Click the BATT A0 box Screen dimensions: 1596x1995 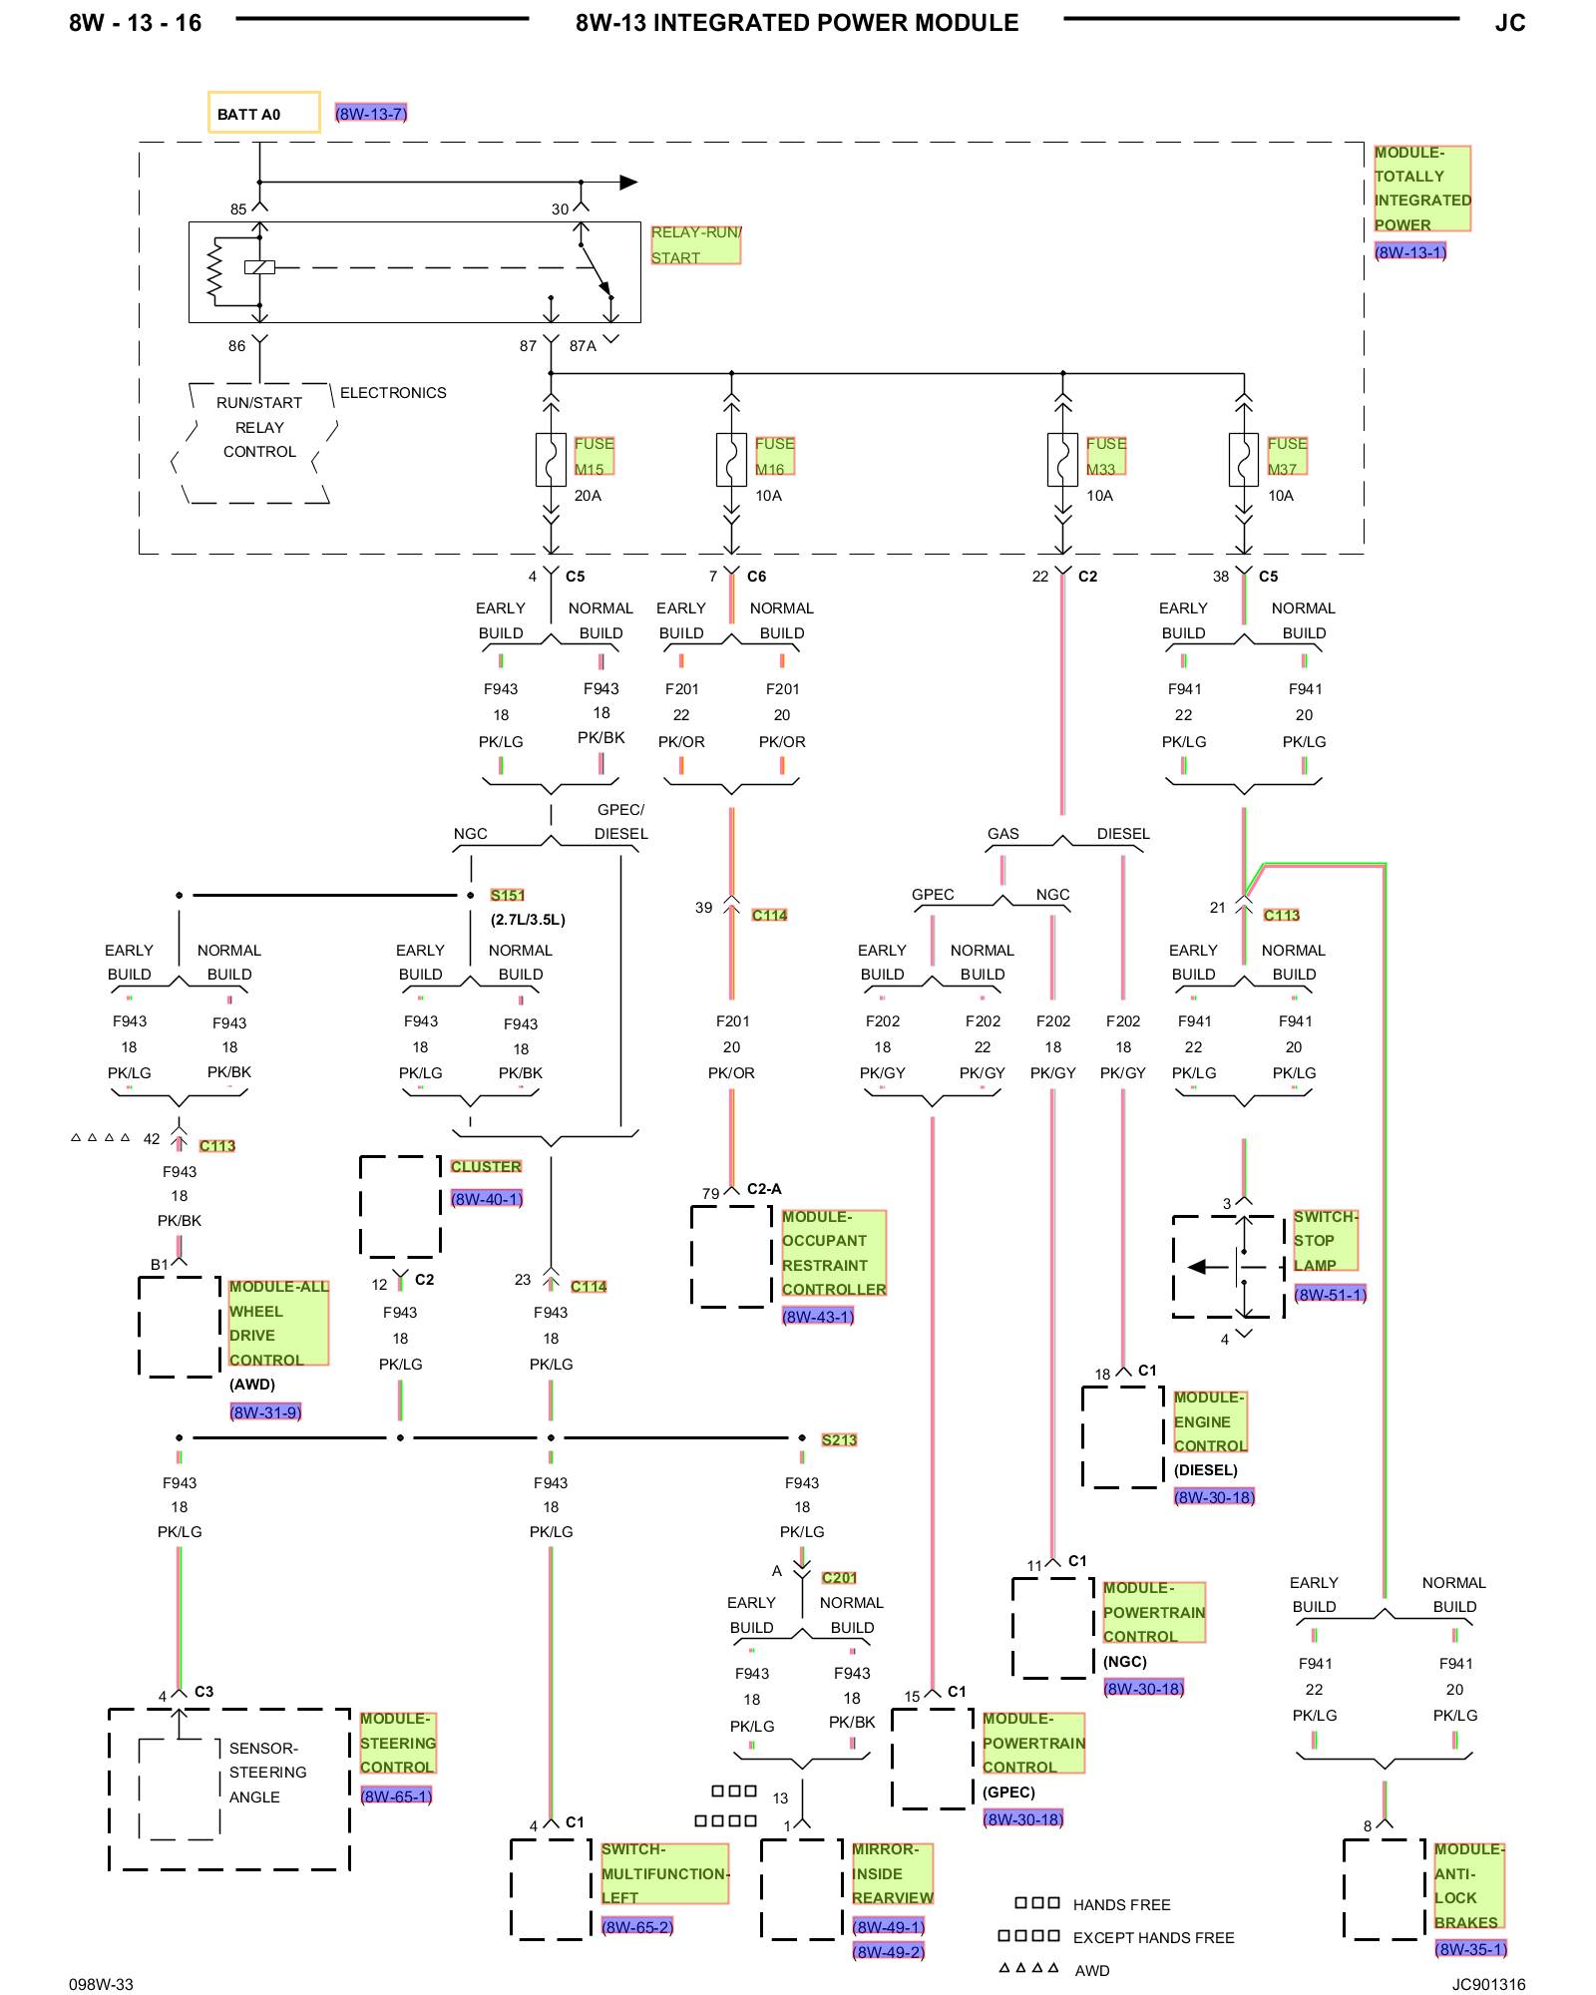[x=263, y=112]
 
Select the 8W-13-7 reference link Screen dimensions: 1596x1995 [x=371, y=114]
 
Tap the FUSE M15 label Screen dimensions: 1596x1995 [x=594, y=456]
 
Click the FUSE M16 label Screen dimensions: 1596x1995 [x=774, y=456]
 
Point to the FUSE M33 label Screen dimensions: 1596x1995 [x=1105, y=456]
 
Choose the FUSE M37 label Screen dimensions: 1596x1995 [x=1287, y=456]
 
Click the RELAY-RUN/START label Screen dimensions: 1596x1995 [x=695, y=244]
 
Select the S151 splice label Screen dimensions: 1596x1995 [x=507, y=895]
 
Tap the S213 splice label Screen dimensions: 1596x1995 [x=839, y=1439]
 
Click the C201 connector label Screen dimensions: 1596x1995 [x=839, y=1577]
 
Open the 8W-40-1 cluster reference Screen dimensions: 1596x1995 [x=486, y=1199]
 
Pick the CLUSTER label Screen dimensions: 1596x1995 [x=486, y=1166]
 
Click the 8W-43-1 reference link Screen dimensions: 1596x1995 [x=818, y=1317]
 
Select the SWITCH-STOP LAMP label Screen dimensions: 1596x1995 [x=1325, y=1241]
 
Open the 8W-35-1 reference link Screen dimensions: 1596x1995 [x=1470, y=1948]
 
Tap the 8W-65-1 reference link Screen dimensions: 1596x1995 [x=396, y=1795]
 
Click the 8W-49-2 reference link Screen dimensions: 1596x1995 [x=888, y=1951]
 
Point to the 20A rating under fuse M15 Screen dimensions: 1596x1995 [x=588, y=496]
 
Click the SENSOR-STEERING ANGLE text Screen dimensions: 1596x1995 [x=267, y=1773]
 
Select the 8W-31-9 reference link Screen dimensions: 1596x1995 [x=265, y=1411]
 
